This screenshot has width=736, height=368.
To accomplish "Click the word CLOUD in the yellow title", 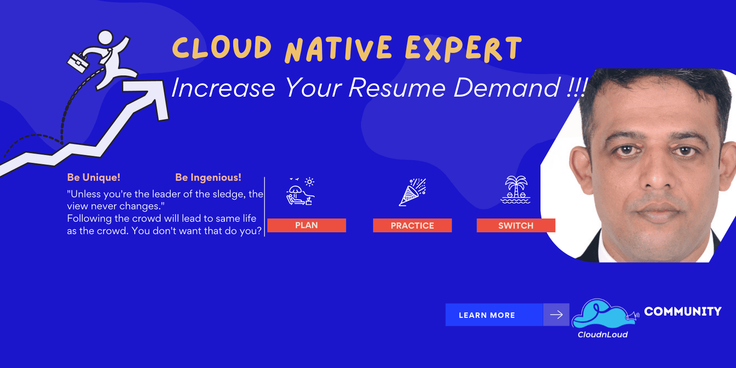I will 222,48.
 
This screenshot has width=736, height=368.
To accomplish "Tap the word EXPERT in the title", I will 463,49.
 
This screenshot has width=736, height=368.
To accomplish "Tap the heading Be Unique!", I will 93,178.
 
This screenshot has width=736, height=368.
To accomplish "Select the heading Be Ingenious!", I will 208,178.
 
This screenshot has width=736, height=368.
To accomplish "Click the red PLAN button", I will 306,225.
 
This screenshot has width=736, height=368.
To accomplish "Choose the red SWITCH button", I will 516,225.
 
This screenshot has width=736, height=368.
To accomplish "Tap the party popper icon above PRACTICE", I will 412,192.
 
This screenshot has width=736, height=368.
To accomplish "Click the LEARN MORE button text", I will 487,315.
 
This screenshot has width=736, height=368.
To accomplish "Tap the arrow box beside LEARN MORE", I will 556,315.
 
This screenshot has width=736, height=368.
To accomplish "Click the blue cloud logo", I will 600,314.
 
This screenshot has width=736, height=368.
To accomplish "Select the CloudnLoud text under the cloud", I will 603,335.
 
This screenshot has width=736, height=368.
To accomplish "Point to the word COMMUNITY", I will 683,311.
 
